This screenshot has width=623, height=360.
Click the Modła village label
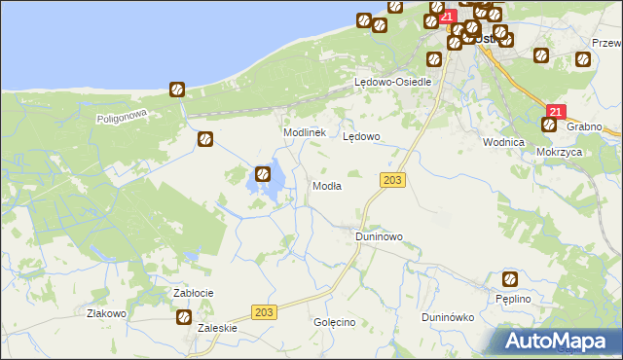click(x=325, y=186)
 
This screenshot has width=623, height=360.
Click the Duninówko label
click(x=447, y=317)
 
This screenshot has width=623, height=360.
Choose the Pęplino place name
click(x=512, y=299)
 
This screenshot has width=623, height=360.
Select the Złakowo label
click(x=107, y=313)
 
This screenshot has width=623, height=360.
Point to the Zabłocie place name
click(x=193, y=293)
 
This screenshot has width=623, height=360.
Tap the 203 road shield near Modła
click(x=393, y=181)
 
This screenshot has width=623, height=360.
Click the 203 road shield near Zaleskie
click(x=262, y=311)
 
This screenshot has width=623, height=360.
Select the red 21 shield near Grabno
click(x=555, y=113)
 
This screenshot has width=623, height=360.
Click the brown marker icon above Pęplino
click(x=510, y=279)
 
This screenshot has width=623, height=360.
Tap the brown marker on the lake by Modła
click(x=263, y=175)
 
